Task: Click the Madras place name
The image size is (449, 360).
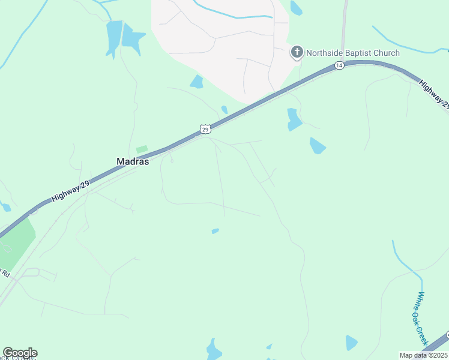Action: (x=132, y=161)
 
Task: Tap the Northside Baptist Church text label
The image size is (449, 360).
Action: (x=352, y=53)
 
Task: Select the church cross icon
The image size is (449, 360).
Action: (x=297, y=53)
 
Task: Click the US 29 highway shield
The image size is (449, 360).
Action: (x=205, y=129)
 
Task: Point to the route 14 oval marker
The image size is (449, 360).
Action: (x=339, y=65)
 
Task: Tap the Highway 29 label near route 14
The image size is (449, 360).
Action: (x=433, y=94)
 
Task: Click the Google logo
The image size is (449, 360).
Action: (x=20, y=353)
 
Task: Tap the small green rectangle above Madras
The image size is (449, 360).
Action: (x=142, y=149)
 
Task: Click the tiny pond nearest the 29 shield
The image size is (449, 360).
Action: (x=224, y=110)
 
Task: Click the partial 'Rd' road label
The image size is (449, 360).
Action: (x=5, y=273)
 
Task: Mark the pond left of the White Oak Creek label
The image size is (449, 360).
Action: (x=351, y=343)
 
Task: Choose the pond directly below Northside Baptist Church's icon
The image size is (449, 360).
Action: (x=294, y=119)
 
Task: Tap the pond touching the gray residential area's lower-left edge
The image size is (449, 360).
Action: (x=197, y=82)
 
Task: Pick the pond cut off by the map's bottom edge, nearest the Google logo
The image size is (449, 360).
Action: (x=214, y=350)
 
